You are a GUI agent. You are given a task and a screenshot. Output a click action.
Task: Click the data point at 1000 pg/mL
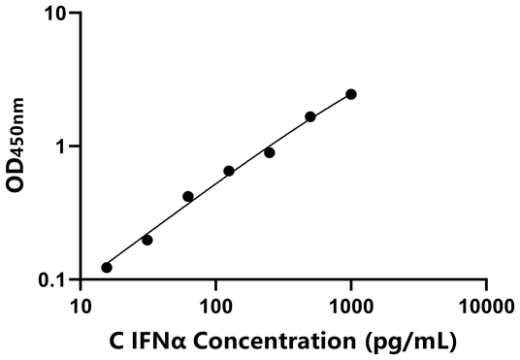(350, 94)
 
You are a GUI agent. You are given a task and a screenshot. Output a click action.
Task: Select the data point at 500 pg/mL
(310, 116)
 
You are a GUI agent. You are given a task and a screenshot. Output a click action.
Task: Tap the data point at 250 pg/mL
(270, 152)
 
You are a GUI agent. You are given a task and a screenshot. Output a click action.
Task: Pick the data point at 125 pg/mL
(229, 171)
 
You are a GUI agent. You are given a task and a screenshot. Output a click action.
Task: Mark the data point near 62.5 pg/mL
(188, 196)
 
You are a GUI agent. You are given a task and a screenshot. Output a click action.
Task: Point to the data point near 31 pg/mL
(147, 240)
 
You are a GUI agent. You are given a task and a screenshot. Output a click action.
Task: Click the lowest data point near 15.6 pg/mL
(107, 267)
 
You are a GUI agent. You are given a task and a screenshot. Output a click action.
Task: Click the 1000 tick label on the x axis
(350, 308)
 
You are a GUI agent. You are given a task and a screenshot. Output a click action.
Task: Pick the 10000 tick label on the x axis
(485, 308)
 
